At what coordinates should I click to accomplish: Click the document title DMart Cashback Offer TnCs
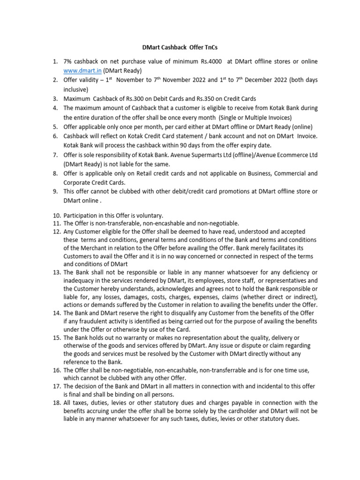180,47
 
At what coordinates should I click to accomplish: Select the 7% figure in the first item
68,61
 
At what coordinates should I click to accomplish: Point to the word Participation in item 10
81,216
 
